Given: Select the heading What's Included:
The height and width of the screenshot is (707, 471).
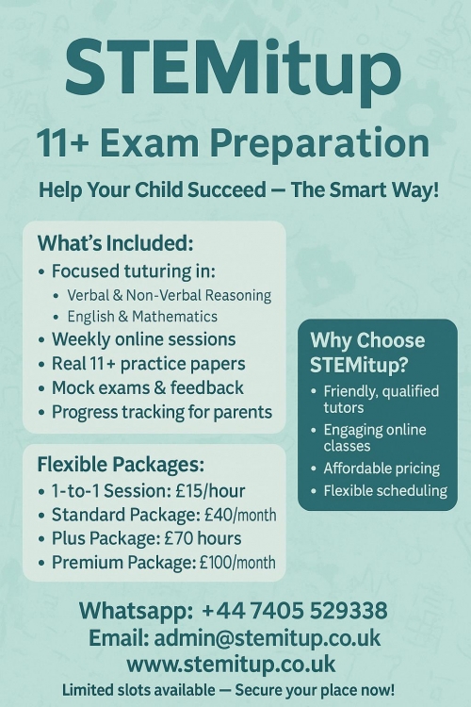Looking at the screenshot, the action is [115, 243].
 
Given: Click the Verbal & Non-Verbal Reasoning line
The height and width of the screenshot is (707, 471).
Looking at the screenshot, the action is [169, 295].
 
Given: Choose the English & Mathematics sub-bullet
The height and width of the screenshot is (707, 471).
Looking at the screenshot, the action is [142, 317].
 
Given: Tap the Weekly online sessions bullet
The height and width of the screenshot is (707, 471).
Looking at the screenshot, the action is [144, 339].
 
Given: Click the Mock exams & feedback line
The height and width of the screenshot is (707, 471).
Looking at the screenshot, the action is [148, 387].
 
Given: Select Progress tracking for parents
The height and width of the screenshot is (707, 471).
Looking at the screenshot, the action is [162, 413].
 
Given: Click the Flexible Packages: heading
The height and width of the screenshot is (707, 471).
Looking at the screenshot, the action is [121, 465].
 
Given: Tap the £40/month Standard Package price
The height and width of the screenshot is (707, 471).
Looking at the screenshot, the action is [240, 515].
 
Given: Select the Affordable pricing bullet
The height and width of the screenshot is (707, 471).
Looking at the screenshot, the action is [382, 469].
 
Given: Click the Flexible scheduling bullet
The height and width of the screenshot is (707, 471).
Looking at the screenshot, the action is [385, 490].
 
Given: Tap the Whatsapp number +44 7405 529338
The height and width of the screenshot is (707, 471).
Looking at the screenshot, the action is [295, 611].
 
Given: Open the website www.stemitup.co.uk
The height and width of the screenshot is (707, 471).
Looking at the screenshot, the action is [231, 665].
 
